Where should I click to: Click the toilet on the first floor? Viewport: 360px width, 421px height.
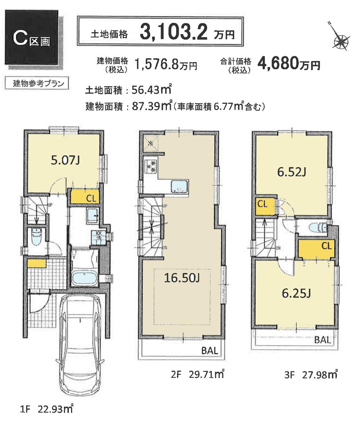(36, 236)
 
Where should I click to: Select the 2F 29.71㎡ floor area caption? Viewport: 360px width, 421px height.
(198, 375)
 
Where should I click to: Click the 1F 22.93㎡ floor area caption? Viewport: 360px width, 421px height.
(47, 409)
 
